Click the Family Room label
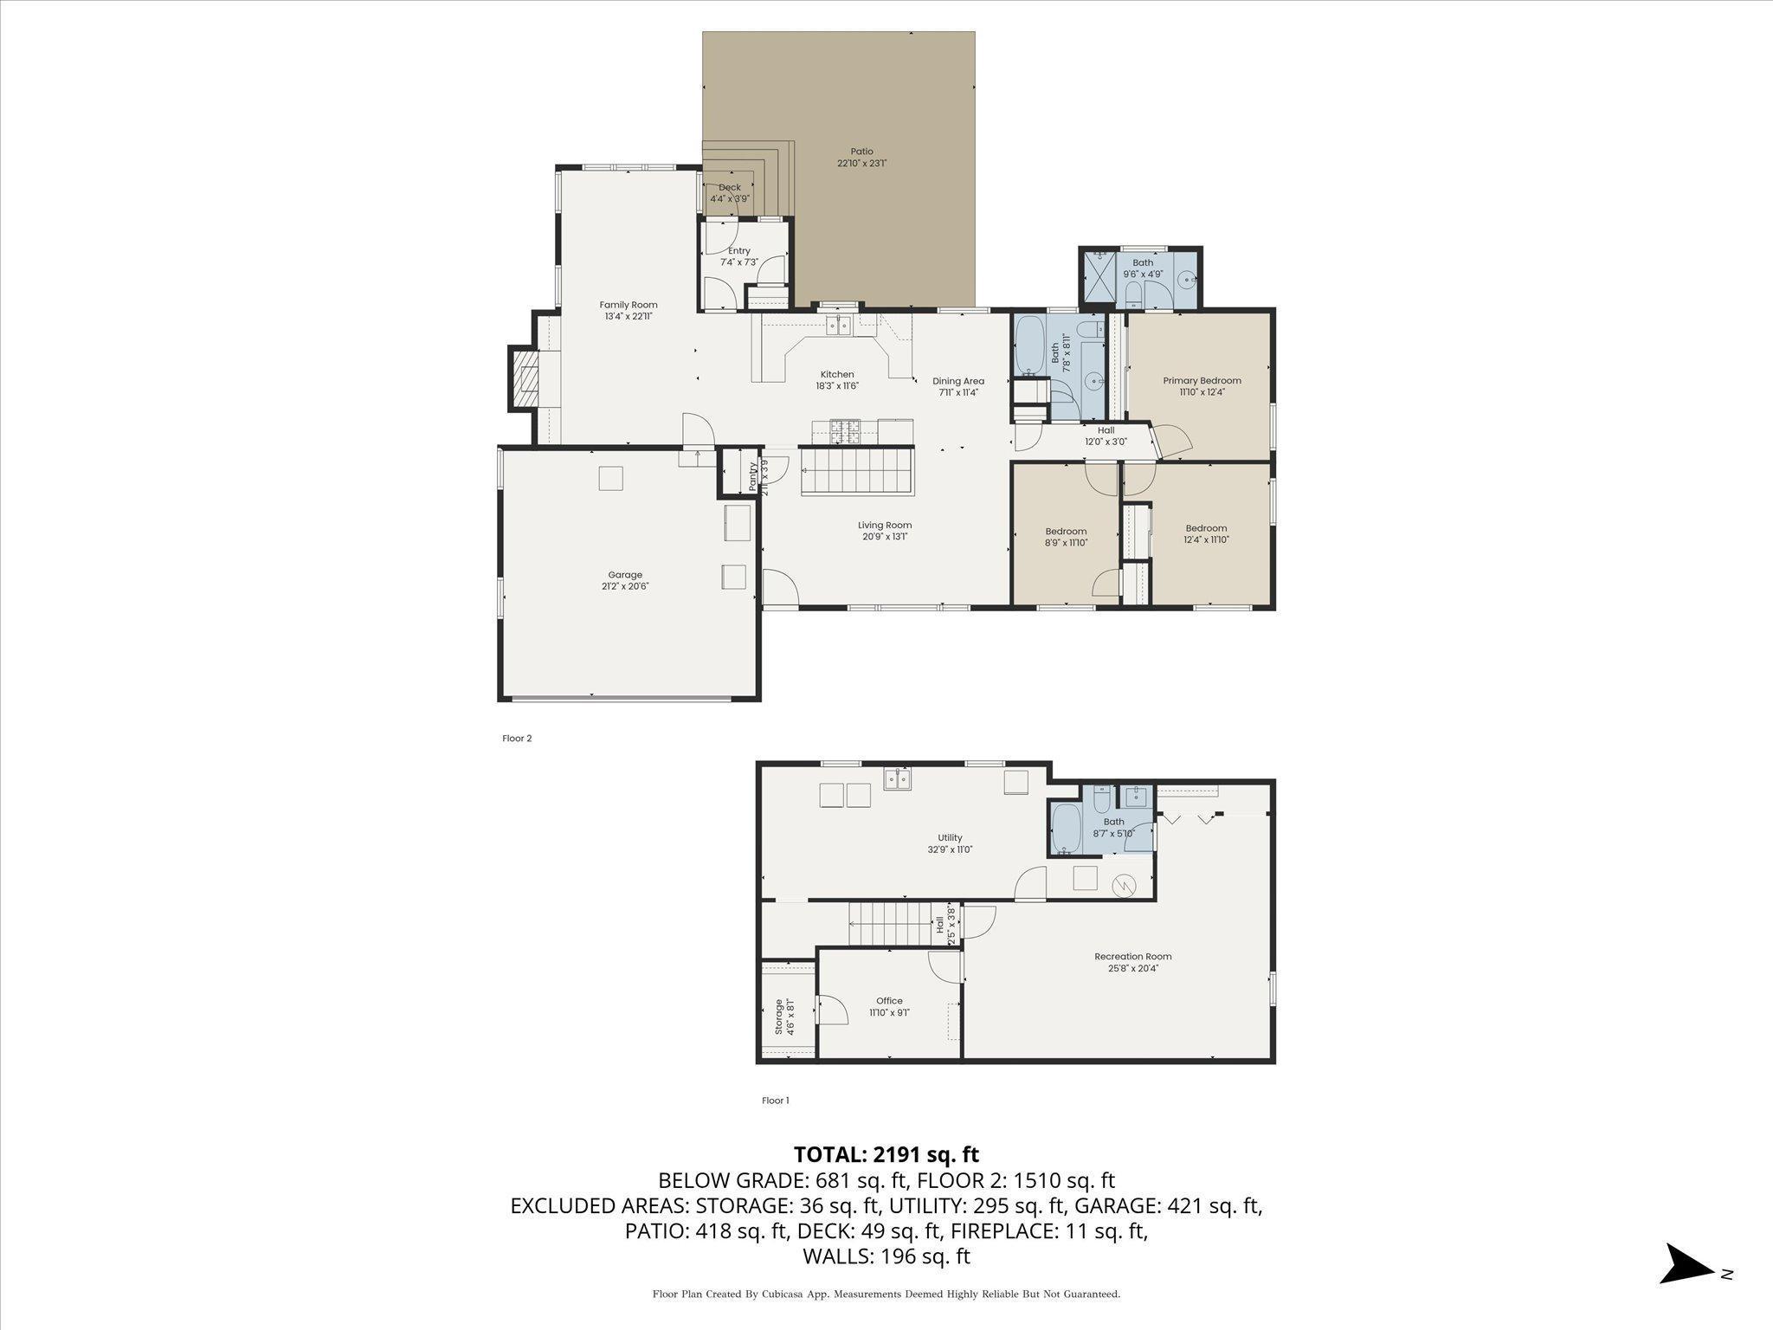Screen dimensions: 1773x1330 (x=629, y=305)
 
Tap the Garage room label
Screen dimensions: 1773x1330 (x=625, y=575)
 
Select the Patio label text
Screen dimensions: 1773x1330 (x=861, y=152)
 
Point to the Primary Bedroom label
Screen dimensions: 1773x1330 (x=1202, y=381)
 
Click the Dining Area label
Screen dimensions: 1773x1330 (x=958, y=381)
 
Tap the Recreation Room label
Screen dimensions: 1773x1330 (x=1133, y=957)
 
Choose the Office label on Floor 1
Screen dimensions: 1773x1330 (x=889, y=1001)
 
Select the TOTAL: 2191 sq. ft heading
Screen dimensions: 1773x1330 (x=886, y=1154)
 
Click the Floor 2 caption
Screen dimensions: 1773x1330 (x=517, y=739)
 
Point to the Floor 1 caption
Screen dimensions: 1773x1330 (x=776, y=1101)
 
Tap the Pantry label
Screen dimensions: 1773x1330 (x=753, y=477)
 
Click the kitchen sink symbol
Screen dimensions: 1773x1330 (x=839, y=326)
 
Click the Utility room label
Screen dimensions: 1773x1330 (x=950, y=837)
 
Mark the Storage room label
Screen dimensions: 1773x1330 (x=779, y=1017)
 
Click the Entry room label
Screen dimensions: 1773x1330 (x=739, y=251)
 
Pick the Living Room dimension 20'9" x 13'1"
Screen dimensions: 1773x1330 (x=885, y=537)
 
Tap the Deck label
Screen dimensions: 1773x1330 (x=730, y=187)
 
